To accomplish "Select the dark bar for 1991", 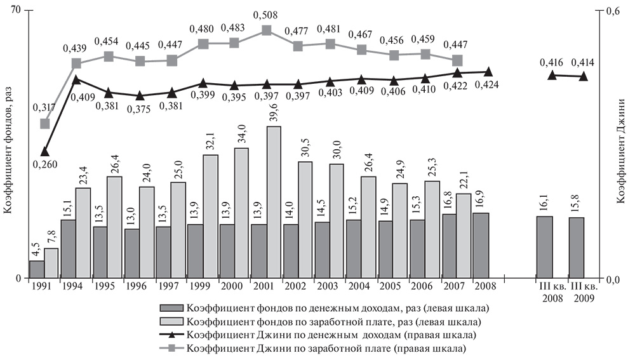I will [37, 269].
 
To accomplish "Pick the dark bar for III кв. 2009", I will [577, 248].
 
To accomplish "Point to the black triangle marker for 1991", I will [44, 152].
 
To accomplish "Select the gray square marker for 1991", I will [44, 124].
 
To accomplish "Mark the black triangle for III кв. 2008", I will [552, 75].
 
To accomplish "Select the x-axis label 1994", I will [75, 287].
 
